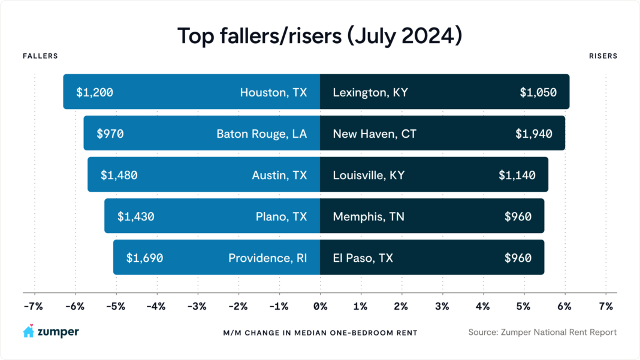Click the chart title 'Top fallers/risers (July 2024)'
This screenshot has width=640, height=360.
pyautogui.click(x=319, y=36)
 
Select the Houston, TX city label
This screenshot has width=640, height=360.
pyautogui.click(x=273, y=92)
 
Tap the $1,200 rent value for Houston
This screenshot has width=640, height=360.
pyautogui.click(x=95, y=92)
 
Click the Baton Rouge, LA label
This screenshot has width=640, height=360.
pyautogui.click(x=261, y=134)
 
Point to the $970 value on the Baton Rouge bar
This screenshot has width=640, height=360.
pyautogui.click(x=110, y=134)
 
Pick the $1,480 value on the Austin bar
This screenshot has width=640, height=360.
pyautogui.click(x=119, y=175)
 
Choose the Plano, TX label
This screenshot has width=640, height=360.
pyautogui.click(x=281, y=216)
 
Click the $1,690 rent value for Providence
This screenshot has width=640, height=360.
pyautogui.click(x=144, y=258)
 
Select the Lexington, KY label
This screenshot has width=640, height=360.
pyautogui.click(x=370, y=92)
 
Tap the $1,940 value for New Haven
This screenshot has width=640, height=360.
pyautogui.click(x=533, y=134)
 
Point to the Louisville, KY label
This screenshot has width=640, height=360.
pyautogui.click(x=369, y=175)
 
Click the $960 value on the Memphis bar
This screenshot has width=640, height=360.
pyautogui.click(x=518, y=216)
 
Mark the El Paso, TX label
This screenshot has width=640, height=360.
pyautogui.click(x=363, y=258)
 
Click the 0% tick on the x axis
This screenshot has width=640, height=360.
pyautogui.click(x=320, y=306)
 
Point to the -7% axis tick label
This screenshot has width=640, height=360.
pyautogui.click(x=33, y=306)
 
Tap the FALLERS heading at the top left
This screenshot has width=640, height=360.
pyautogui.click(x=40, y=56)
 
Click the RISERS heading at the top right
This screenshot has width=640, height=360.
pyautogui.click(x=603, y=56)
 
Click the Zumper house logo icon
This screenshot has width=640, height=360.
pyautogui.click(x=28, y=331)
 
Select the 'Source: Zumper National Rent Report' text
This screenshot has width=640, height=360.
pyautogui.click(x=542, y=332)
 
